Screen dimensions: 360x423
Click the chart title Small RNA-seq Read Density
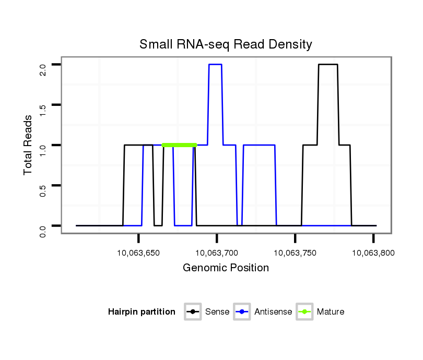226,44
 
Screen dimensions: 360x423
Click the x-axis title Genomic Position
226,268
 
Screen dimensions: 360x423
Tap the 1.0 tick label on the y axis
43,150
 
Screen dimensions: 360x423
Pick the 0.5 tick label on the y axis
43,190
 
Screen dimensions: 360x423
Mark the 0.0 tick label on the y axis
43,230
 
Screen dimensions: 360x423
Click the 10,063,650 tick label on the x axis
138,253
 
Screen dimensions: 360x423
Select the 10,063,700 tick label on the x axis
217,253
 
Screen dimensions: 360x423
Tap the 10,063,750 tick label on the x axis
295,253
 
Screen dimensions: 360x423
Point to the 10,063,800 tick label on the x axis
373,253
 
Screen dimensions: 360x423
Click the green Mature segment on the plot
179,145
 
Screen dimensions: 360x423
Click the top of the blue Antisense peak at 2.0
216,64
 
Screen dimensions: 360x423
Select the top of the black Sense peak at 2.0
328,64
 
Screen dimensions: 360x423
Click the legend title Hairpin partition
142,312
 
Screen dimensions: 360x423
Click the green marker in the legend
304,312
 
